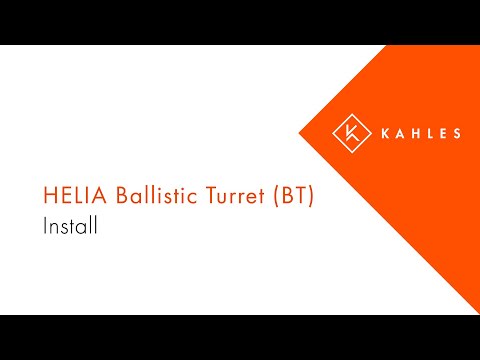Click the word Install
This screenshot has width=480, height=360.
[69, 226]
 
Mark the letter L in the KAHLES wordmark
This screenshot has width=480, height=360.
[431, 133]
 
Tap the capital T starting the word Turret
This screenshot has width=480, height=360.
[204, 196]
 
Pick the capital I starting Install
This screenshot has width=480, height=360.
[46, 226]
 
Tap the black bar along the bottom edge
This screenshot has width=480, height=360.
[240, 337]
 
